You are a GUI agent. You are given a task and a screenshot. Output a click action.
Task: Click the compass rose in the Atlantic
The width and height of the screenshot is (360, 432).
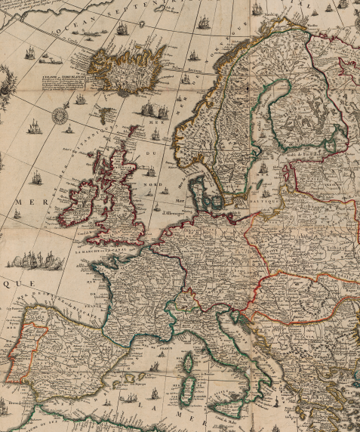[60, 116]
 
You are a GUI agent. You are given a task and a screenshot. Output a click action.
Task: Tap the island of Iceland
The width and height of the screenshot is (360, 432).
[127, 66]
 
